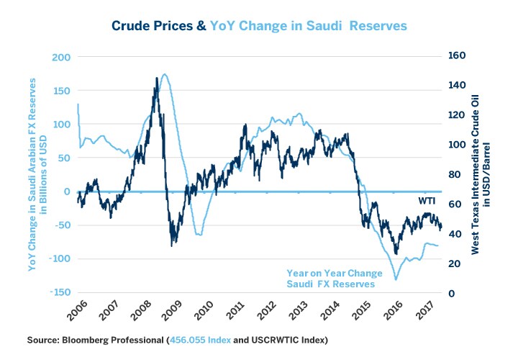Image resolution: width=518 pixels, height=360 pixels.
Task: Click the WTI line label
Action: point(427,199)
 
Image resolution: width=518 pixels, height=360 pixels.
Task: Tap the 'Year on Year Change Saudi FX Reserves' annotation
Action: point(330,279)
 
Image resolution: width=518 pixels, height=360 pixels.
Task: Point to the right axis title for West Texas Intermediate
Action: point(480,174)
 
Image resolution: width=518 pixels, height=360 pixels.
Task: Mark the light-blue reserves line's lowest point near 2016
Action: point(395,279)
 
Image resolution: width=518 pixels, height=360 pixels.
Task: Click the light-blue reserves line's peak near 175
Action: point(165,73)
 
